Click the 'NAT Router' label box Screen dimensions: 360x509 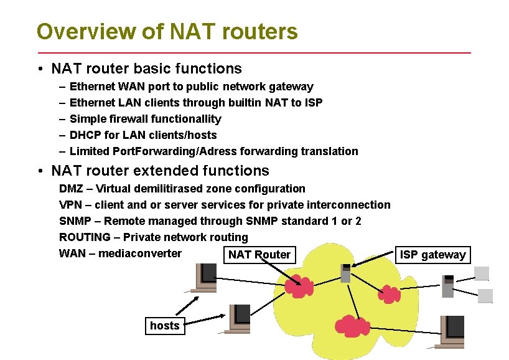(259, 254)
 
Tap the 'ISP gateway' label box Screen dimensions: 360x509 (433, 254)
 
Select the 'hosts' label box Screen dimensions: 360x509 (164, 325)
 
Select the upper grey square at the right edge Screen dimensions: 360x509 (482, 273)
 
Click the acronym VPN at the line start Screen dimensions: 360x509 (70, 205)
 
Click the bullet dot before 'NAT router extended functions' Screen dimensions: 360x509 (40, 171)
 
